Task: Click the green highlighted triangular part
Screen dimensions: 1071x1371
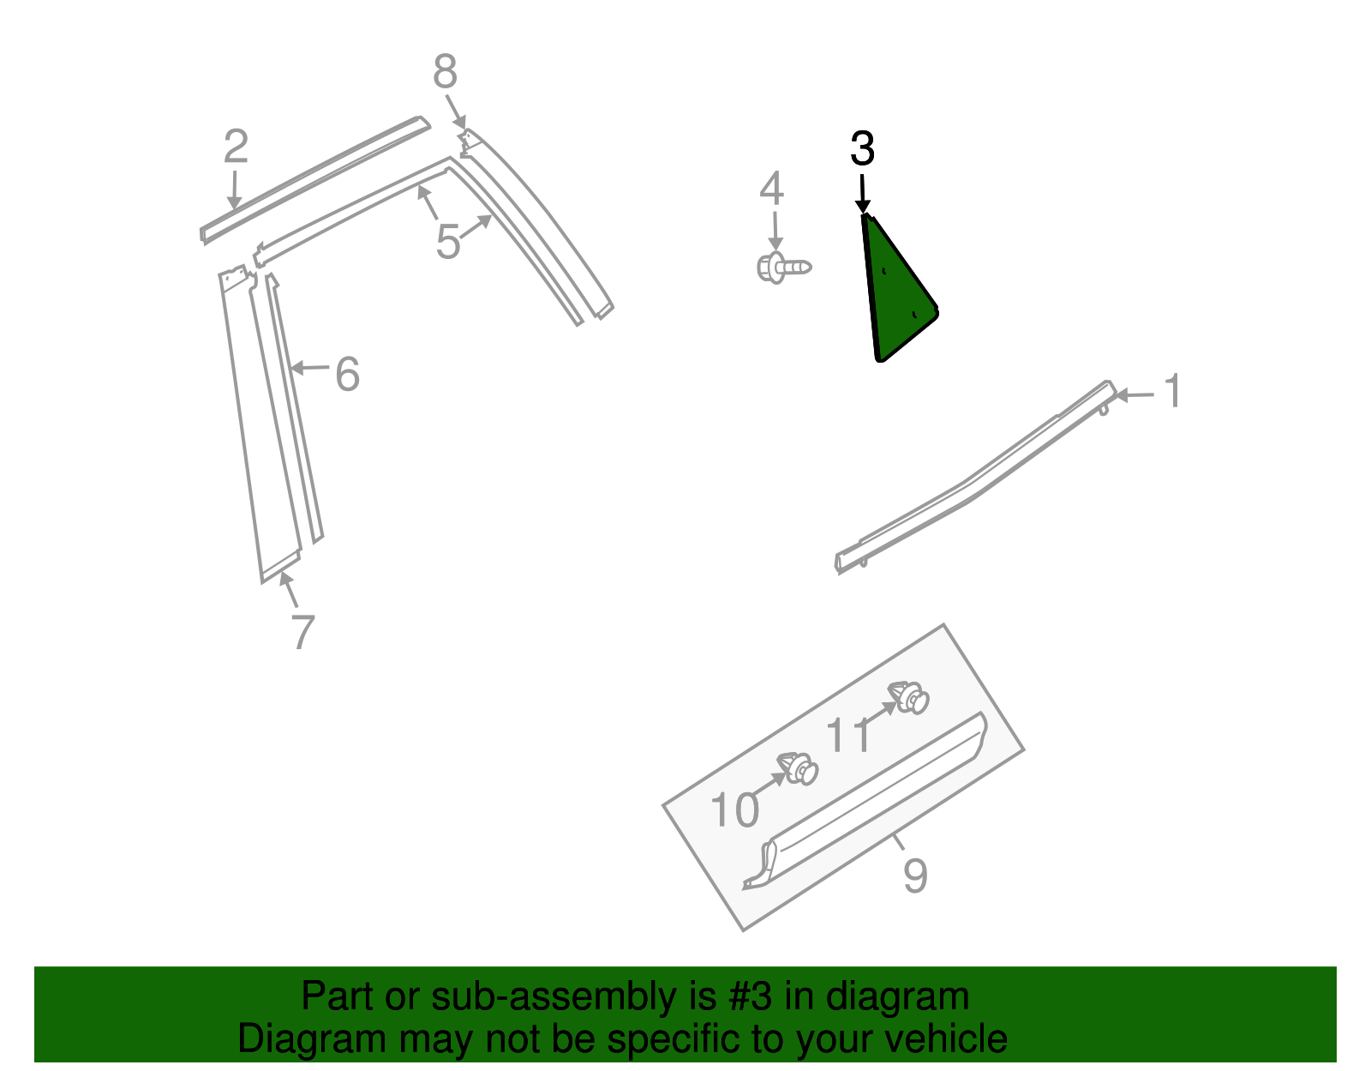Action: tap(895, 296)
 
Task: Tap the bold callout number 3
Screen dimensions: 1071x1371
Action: tap(862, 149)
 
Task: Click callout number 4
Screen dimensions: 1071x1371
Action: tap(771, 189)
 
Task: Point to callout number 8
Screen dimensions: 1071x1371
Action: tap(445, 72)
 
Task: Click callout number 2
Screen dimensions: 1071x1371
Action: tap(236, 147)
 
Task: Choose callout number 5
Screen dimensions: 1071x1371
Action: tap(448, 242)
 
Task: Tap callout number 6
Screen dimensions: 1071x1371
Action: tap(347, 374)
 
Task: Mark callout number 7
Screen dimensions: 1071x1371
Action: tap(302, 633)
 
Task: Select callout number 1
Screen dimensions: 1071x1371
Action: tap(1173, 392)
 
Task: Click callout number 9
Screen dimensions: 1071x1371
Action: tap(915, 875)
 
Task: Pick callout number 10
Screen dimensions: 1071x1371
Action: tap(734, 809)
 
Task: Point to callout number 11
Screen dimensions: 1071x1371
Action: tap(848, 736)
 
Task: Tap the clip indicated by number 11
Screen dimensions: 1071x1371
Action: tap(909, 697)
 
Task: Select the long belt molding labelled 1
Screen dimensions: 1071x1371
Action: tap(968, 484)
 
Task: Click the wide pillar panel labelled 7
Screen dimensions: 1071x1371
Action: tap(261, 429)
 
